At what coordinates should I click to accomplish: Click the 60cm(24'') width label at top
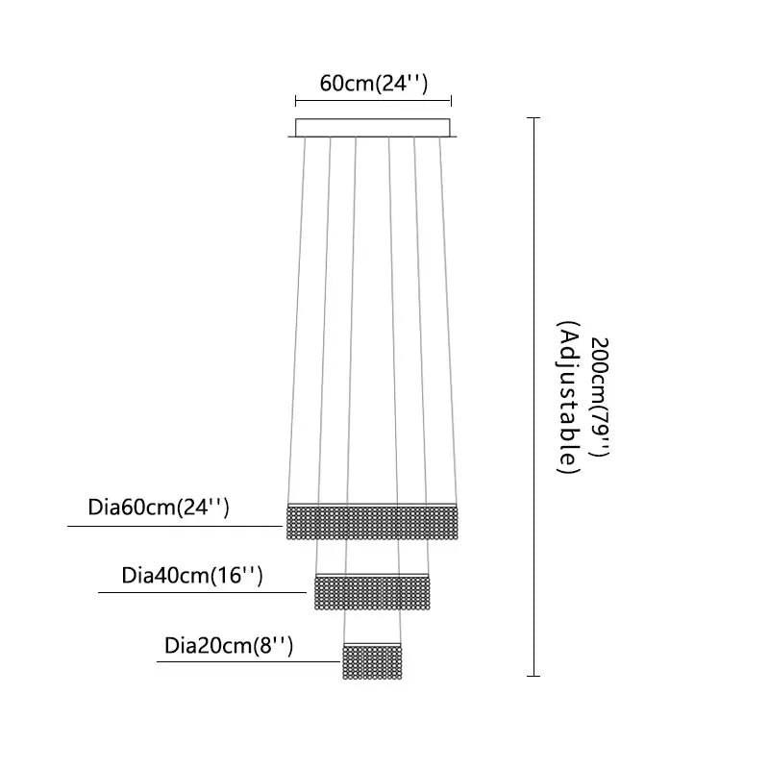[x=373, y=83]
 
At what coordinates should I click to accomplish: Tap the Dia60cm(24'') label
[x=159, y=508]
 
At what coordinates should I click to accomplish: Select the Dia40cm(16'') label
[x=192, y=576]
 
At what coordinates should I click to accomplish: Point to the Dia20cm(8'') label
[x=229, y=645]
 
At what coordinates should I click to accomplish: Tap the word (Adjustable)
[x=567, y=398]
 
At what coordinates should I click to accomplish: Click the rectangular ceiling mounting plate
[x=373, y=128]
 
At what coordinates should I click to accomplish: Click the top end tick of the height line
[x=534, y=117]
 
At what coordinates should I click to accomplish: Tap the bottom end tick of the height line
[x=534, y=676]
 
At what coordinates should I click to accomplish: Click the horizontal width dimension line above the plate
[x=373, y=99]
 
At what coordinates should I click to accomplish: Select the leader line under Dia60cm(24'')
[x=173, y=526]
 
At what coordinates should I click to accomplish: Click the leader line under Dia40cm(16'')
[x=207, y=593]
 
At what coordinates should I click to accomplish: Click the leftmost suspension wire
[x=297, y=317]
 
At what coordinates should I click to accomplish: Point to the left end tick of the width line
[x=295, y=99]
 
